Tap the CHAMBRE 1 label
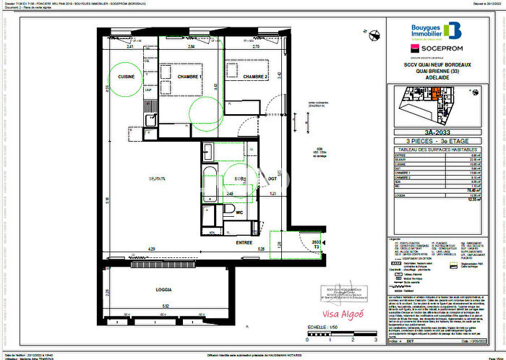point(191,77)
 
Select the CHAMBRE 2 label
point(255,77)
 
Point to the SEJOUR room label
point(158,178)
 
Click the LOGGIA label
point(163,289)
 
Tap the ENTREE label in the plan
point(243,244)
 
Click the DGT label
point(273,179)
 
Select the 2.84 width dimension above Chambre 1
point(191,46)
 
